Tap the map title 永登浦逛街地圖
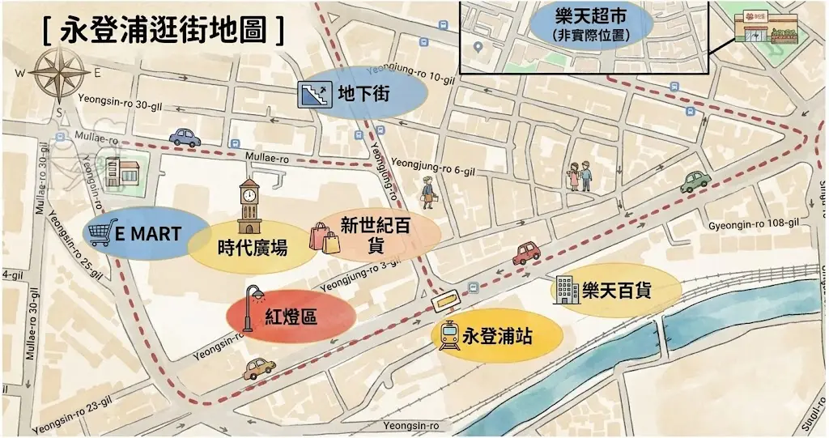tap(163, 29)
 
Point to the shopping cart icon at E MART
tap(102, 233)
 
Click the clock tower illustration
tap(249, 206)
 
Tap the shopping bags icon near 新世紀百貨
tap(325, 238)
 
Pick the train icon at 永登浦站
tap(449, 335)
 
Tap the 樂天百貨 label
tap(617, 290)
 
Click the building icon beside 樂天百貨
tap(565, 290)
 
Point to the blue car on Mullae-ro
tap(185, 138)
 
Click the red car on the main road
tap(526, 253)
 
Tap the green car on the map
tap(695, 181)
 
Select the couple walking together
tap(580, 175)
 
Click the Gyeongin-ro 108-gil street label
tap(753, 223)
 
